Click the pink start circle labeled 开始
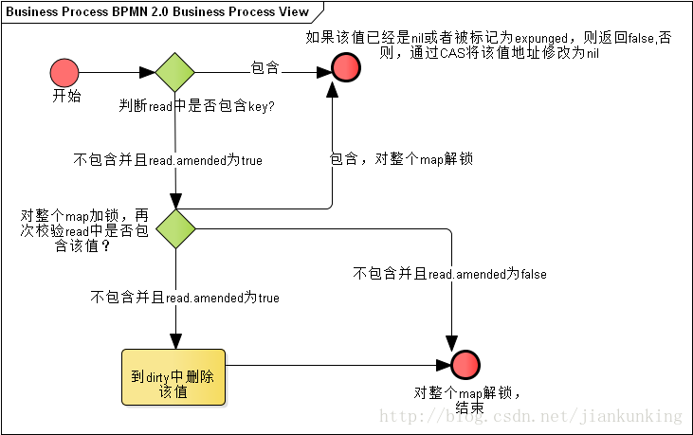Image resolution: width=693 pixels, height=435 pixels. pyautogui.click(x=64, y=72)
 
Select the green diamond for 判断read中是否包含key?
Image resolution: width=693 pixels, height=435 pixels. pyautogui.click(x=175, y=72)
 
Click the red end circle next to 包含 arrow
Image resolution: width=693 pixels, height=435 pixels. pyautogui.click(x=345, y=67)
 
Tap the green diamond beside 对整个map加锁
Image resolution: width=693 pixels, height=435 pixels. pyautogui.click(x=175, y=228)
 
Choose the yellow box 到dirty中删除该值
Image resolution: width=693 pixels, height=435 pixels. pyautogui.click(x=173, y=376)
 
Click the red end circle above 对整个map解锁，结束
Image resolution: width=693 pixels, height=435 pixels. pyautogui.click(x=465, y=364)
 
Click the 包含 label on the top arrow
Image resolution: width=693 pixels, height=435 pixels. pyautogui.click(x=264, y=68)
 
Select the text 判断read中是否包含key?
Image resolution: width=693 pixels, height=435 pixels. pyautogui.click(x=197, y=106)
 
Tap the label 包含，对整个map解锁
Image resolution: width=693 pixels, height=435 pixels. pyautogui.click(x=401, y=159)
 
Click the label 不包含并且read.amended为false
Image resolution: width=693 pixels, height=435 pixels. pyautogui.click(x=449, y=274)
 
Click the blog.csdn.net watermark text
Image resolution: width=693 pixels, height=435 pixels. pyautogui.click(x=531, y=416)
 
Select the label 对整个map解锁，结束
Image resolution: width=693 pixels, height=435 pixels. pyautogui.click(x=467, y=401)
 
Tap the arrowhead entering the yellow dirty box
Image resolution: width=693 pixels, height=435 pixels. pyautogui.click(x=175, y=342)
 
